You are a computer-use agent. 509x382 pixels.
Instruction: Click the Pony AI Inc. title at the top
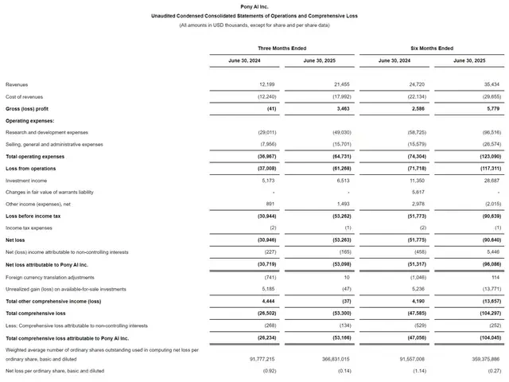(x=254, y=6)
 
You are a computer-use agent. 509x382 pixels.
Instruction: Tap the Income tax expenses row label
(x=29, y=228)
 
